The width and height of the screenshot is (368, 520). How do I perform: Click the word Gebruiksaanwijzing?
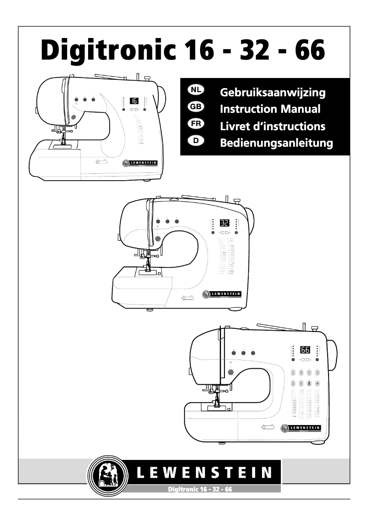[x=273, y=93]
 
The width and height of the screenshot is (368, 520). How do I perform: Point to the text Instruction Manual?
[x=270, y=109]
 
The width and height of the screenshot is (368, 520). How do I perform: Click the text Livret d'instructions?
[x=273, y=126]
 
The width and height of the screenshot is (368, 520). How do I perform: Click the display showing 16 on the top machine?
[x=134, y=100]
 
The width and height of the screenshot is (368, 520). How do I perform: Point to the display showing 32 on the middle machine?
[x=224, y=223]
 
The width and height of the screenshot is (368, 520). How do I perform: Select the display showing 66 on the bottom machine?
[x=305, y=350]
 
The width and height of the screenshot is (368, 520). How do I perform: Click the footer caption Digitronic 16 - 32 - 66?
[x=200, y=489]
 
